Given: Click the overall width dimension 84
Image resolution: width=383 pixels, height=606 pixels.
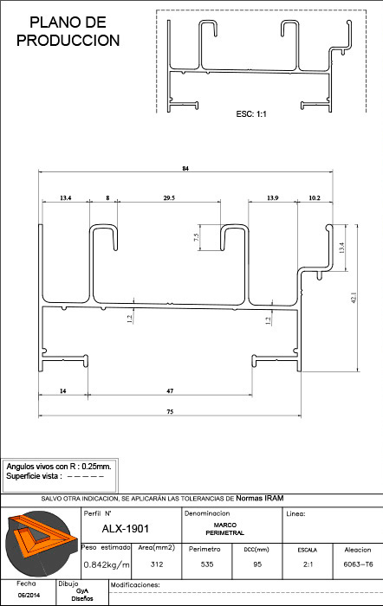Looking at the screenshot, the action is pyautogui.click(x=185, y=169).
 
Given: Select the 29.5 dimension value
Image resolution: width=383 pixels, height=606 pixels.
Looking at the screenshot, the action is pyautogui.click(x=169, y=198).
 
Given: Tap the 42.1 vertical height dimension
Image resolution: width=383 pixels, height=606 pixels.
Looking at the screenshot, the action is pyautogui.click(x=354, y=298).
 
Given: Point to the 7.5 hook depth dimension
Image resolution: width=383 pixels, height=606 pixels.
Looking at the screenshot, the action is pyautogui.click(x=197, y=237).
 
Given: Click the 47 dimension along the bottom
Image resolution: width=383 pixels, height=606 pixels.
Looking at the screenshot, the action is pyautogui.click(x=170, y=390).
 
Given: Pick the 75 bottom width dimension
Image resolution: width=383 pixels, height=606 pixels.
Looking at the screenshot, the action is pyautogui.click(x=170, y=411).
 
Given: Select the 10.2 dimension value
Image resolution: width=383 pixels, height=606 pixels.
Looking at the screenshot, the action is pyautogui.click(x=315, y=198).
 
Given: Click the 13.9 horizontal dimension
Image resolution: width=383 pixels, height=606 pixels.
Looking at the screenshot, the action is pyautogui.click(x=272, y=198).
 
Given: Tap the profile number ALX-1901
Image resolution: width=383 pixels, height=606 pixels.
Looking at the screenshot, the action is pyautogui.click(x=125, y=529).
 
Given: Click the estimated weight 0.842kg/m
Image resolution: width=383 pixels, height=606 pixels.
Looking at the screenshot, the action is pyautogui.click(x=107, y=564).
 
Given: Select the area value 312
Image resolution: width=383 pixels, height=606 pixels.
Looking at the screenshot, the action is pyautogui.click(x=157, y=564).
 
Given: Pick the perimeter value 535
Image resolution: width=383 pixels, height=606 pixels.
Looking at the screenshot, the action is pyautogui.click(x=207, y=564).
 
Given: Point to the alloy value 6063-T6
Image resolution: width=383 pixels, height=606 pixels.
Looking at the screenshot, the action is pyautogui.click(x=358, y=564).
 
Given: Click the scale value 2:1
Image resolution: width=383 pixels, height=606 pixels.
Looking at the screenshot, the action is pyautogui.click(x=308, y=564).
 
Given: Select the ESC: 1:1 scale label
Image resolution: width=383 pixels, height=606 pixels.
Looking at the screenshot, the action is pyautogui.click(x=251, y=114).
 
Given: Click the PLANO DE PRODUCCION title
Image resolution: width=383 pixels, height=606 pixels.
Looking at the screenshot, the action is pyautogui.click(x=68, y=31).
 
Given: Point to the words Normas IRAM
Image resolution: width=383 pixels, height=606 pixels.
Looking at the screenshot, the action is pyautogui.click(x=260, y=498).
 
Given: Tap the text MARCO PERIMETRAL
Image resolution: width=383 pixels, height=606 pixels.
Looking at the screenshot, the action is pyautogui.click(x=225, y=529).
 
